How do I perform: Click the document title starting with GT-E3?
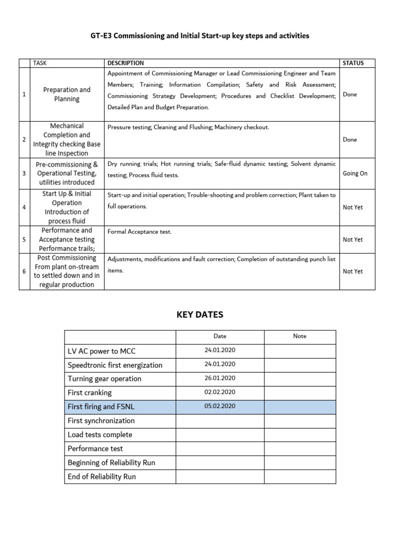200,36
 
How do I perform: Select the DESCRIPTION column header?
126,63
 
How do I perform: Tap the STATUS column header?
353,63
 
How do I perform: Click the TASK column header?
40,63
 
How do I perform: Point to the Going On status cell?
355,173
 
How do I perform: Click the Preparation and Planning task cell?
67,94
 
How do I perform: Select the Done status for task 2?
350,139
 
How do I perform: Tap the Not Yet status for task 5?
353,239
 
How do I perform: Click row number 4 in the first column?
24,207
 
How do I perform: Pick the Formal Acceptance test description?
139,232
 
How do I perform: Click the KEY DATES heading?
200,314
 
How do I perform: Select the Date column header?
220,336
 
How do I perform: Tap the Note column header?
299,336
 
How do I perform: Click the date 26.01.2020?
220,378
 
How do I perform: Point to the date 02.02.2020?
220,392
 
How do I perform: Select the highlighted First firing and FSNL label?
101,407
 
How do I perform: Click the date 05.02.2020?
220,407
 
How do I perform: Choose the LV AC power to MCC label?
102,351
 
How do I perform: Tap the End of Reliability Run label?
102,476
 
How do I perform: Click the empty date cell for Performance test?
220,448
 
